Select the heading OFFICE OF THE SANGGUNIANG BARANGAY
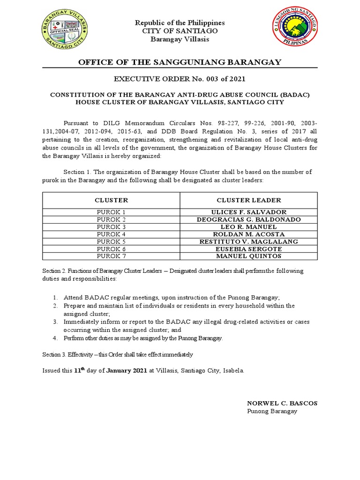(x=180, y=62)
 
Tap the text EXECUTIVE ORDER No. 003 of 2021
(x=180, y=79)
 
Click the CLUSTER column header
(x=111, y=200)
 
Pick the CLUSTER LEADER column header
(x=248, y=200)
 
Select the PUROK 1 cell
(x=111, y=212)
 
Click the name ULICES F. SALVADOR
(x=248, y=212)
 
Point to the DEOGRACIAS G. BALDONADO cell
(x=248, y=219)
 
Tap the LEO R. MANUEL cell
(x=248, y=227)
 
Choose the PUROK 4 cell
(x=111, y=234)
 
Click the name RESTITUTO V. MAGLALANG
(x=248, y=241)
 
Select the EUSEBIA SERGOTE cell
(x=248, y=249)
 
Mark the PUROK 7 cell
(x=111, y=256)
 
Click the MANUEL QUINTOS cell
(x=248, y=256)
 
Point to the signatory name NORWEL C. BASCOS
(x=275, y=403)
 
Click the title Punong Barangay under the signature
(x=272, y=411)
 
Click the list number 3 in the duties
(x=55, y=322)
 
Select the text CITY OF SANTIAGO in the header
(x=180, y=31)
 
